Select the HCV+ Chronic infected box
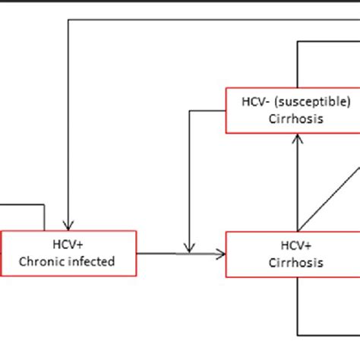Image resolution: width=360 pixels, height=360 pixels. pos(69,254)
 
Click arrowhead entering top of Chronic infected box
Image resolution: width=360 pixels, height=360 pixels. pos(69,226)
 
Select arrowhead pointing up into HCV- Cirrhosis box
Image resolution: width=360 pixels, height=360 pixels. pos(297,139)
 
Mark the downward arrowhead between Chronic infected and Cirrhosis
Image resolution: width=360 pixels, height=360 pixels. pos(190,248)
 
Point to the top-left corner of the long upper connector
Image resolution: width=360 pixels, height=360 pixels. pos(69,21)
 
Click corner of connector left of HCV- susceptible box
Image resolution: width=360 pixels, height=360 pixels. pos(190,111)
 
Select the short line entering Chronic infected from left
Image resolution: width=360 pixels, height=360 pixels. pos(23,204)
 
